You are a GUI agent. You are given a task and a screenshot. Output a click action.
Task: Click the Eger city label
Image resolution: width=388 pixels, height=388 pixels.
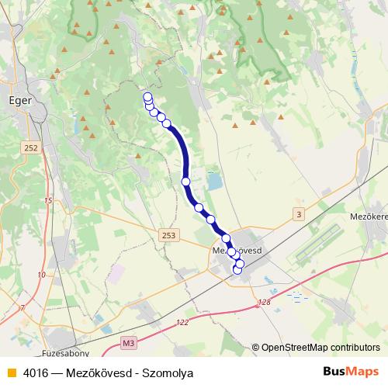coord(19,100)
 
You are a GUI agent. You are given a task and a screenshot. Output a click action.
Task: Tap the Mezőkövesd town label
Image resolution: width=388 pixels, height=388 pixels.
coord(239,251)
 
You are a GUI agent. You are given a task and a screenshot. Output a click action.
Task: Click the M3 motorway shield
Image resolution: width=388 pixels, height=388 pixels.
coord(129,341)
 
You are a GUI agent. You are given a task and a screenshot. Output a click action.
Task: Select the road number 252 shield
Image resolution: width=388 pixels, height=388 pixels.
coord(31,147)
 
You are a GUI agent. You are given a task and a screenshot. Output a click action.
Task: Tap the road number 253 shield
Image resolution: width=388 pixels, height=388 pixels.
coord(169,234)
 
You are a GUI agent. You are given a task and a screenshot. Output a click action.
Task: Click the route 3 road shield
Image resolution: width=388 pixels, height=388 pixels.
coord(299,213)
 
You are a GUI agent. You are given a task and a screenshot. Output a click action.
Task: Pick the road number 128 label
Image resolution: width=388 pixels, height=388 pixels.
coord(265,302)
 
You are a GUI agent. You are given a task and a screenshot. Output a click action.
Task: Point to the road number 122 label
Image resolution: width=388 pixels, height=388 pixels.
coord(182,322)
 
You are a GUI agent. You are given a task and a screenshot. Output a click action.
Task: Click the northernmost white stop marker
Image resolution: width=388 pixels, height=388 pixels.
coord(147,97)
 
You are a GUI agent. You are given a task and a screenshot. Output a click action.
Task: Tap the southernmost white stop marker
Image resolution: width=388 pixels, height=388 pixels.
coord(237,270)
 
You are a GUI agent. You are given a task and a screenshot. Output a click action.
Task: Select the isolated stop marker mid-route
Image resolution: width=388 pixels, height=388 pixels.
coord(186,181)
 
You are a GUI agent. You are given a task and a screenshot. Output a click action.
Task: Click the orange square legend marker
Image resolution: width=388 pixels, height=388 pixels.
coord(11,372)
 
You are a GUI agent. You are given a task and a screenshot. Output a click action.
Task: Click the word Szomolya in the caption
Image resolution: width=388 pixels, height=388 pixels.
coord(167,372)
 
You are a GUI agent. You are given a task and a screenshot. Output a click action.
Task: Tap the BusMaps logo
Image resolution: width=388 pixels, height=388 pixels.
coord(352,372)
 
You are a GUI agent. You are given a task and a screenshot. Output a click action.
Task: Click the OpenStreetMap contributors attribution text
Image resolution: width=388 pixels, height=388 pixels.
coord(320,347)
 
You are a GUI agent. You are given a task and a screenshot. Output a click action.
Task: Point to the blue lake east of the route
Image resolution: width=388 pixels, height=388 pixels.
coord(213,183)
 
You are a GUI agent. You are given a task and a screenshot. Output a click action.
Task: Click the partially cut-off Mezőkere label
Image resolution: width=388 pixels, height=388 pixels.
coord(368,217)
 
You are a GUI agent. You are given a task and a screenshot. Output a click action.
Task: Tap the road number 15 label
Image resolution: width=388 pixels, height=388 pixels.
coord(49,200)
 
